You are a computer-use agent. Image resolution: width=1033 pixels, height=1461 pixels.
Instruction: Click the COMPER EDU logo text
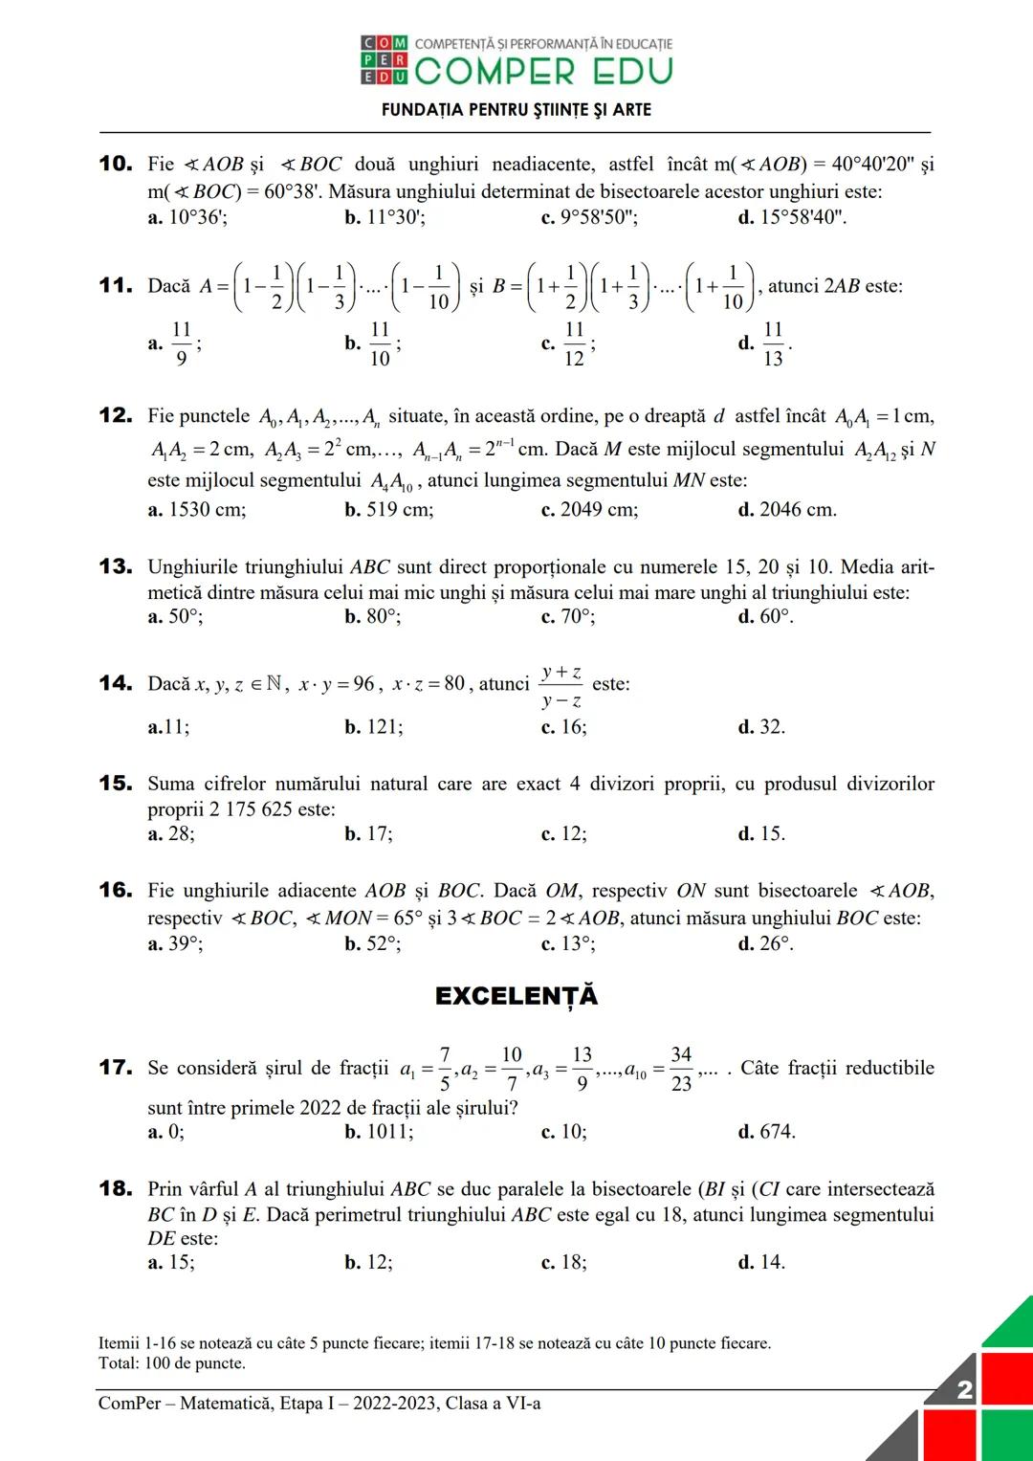(x=543, y=71)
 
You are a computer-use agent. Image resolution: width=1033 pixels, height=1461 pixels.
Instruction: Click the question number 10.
(x=115, y=164)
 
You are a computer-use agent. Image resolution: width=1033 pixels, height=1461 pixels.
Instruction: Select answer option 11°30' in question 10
(x=385, y=217)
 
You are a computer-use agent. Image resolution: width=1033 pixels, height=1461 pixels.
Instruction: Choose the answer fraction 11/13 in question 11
(x=773, y=343)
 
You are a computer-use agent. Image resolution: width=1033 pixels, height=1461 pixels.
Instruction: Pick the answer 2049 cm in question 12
(x=589, y=509)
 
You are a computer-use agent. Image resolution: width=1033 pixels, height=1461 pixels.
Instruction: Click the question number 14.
(x=115, y=683)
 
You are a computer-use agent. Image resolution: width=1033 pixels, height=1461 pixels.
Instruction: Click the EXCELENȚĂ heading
(x=516, y=996)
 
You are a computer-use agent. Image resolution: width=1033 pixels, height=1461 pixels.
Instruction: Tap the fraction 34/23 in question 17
(x=681, y=1068)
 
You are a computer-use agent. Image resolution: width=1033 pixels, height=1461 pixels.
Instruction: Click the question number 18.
(x=115, y=1188)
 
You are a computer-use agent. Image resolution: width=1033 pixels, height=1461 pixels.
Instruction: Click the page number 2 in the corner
(x=964, y=1389)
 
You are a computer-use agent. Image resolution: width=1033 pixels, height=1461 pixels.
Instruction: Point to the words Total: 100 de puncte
(x=172, y=1363)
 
